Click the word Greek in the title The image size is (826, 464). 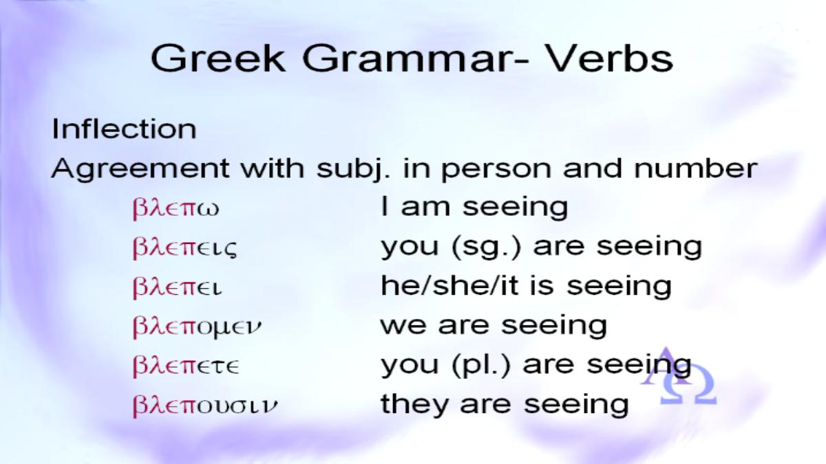pos(218,58)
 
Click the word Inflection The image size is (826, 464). pos(124,129)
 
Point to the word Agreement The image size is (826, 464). pos(140,169)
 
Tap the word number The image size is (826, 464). pos(695,168)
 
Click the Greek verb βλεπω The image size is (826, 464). pos(176,209)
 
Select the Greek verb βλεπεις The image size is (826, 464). pos(184,248)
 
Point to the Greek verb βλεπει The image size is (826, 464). pos(177,287)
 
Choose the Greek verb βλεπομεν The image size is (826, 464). pos(197,327)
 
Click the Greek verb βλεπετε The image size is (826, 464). pos(186,366)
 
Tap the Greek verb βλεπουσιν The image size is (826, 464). pos(204,406)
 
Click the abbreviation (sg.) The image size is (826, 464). pos(486,247)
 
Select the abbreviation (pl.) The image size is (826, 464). pos(481,365)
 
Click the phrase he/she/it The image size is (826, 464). pos(449,286)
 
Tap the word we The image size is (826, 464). pos(403,327)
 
